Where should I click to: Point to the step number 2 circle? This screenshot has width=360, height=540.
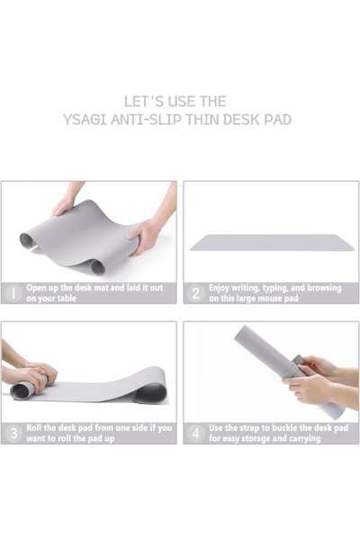[195, 293]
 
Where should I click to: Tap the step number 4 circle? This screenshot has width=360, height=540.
[195, 433]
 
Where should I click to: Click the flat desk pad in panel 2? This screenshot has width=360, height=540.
[270, 242]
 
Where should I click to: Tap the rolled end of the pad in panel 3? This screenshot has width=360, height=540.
[22, 390]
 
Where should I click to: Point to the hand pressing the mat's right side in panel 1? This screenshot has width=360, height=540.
[144, 238]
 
